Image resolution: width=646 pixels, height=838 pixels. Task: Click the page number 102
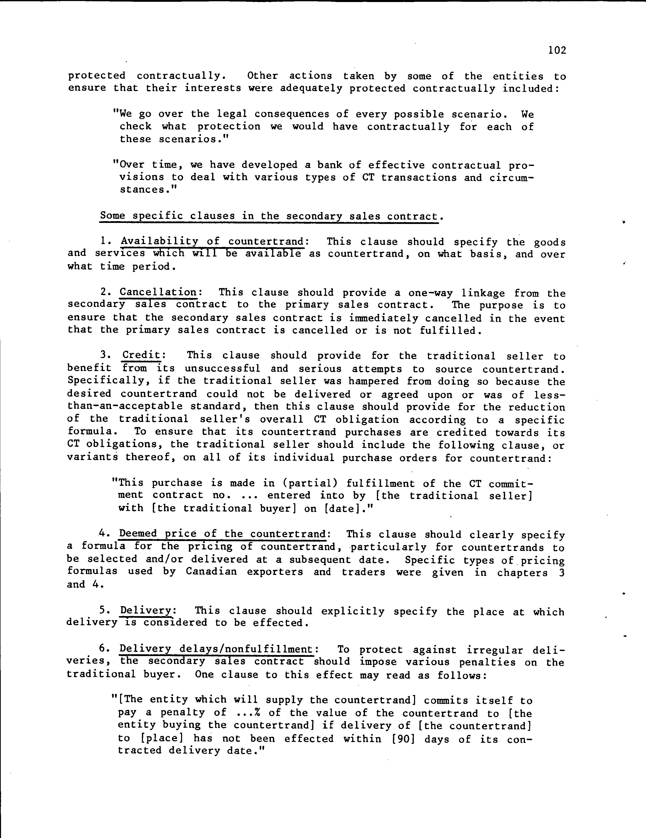pos(557,50)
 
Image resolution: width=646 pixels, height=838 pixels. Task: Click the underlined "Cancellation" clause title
pos(158,292)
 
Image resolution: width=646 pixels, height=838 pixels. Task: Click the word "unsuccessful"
pos(222,369)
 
